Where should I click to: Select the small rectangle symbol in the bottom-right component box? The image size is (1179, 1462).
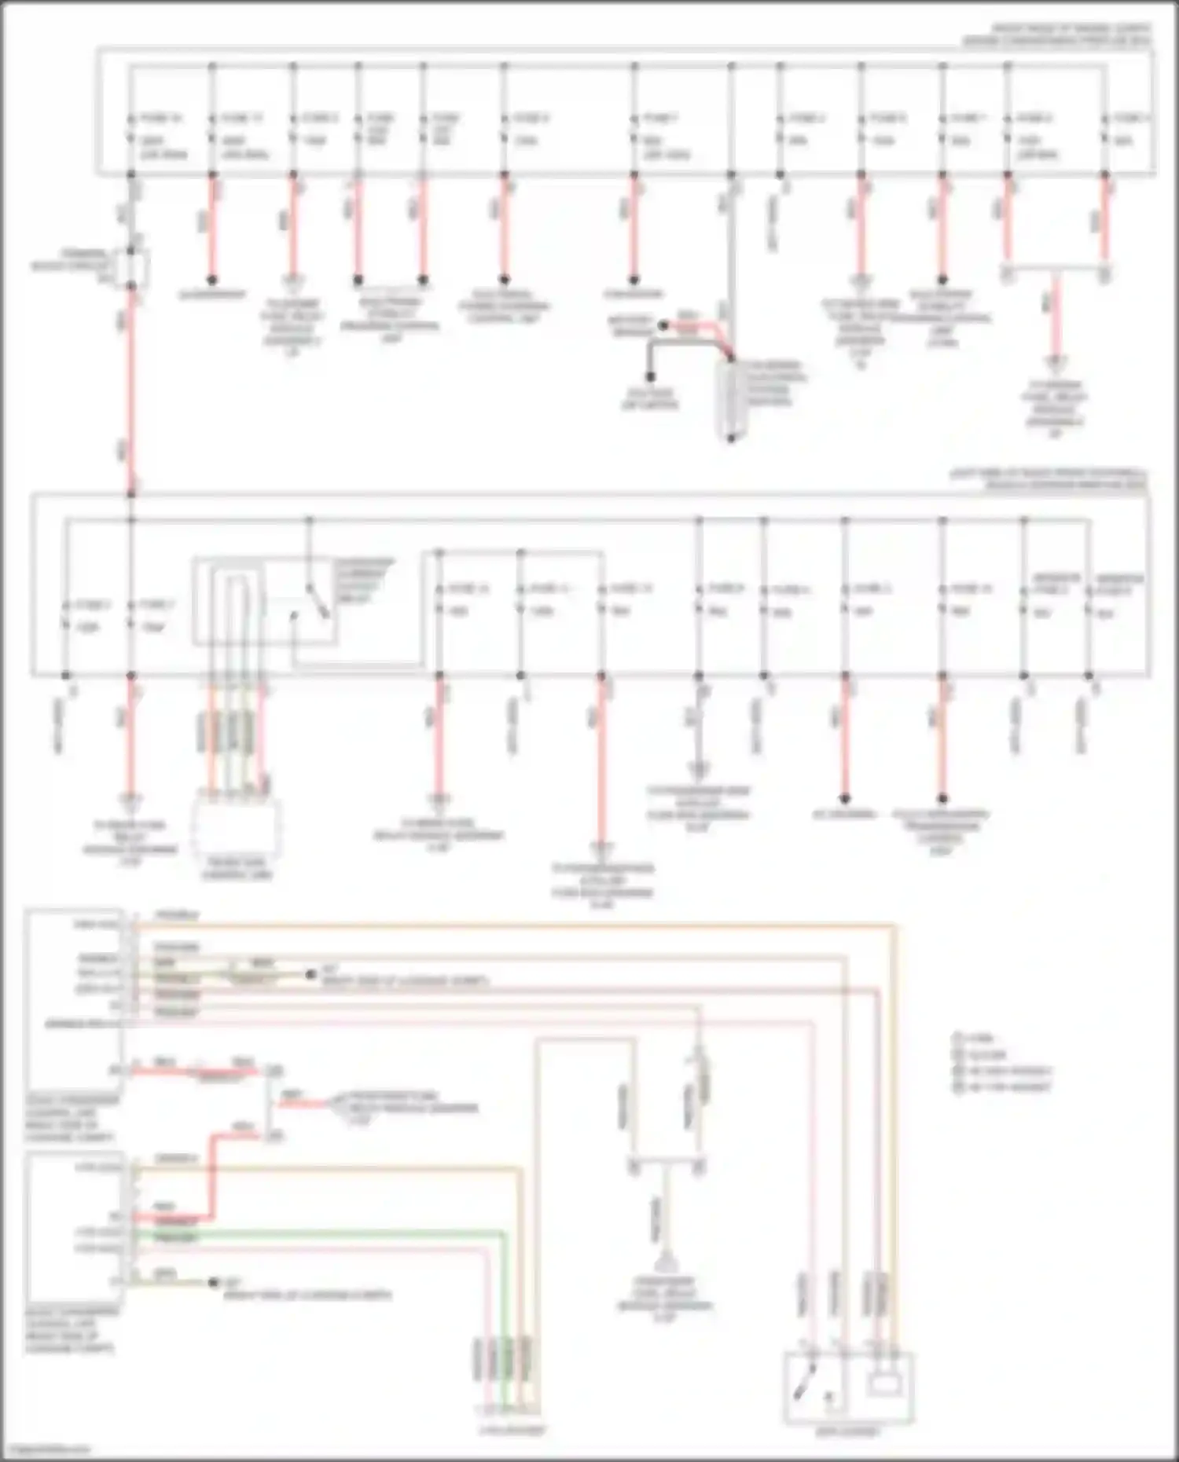(884, 1383)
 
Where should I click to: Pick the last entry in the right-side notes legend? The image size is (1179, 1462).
(1002, 1087)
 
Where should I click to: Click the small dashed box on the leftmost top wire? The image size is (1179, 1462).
(132, 267)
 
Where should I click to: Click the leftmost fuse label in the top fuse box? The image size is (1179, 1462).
(160, 119)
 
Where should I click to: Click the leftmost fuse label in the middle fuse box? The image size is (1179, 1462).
(92, 605)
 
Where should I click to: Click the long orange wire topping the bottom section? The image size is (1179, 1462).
(511, 925)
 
